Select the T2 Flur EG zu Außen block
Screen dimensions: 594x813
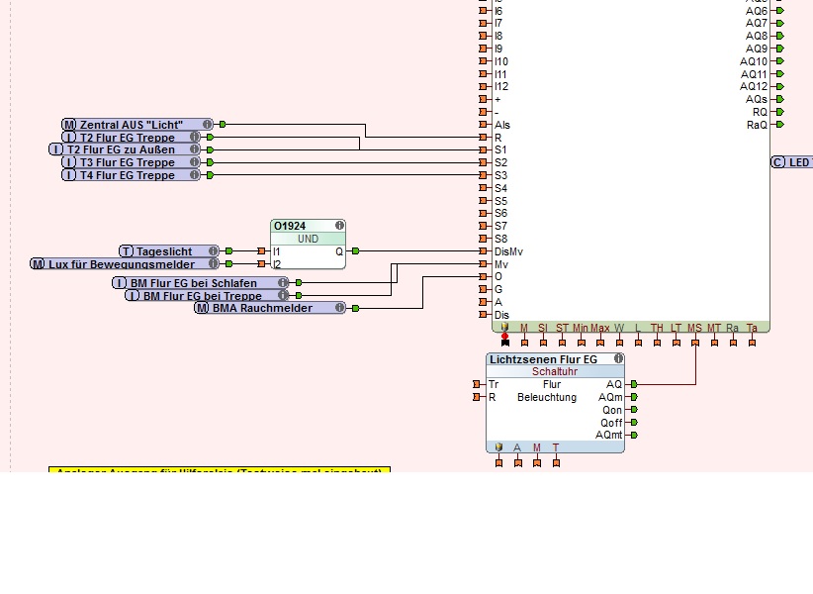click(x=125, y=149)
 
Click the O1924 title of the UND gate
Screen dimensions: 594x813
click(x=290, y=226)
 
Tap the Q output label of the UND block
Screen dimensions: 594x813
click(x=339, y=251)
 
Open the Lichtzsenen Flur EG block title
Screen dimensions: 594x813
click(x=543, y=359)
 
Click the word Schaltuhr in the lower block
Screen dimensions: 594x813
click(x=555, y=371)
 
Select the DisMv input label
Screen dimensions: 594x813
click(x=508, y=251)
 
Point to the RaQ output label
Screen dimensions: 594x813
click(x=757, y=125)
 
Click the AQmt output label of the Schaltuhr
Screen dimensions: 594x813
click(x=609, y=435)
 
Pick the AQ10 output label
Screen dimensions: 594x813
click(x=754, y=61)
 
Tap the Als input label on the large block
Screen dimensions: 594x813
click(x=502, y=125)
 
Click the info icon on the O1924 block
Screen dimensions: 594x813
click(x=339, y=226)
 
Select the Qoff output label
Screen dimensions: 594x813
click(x=611, y=422)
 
